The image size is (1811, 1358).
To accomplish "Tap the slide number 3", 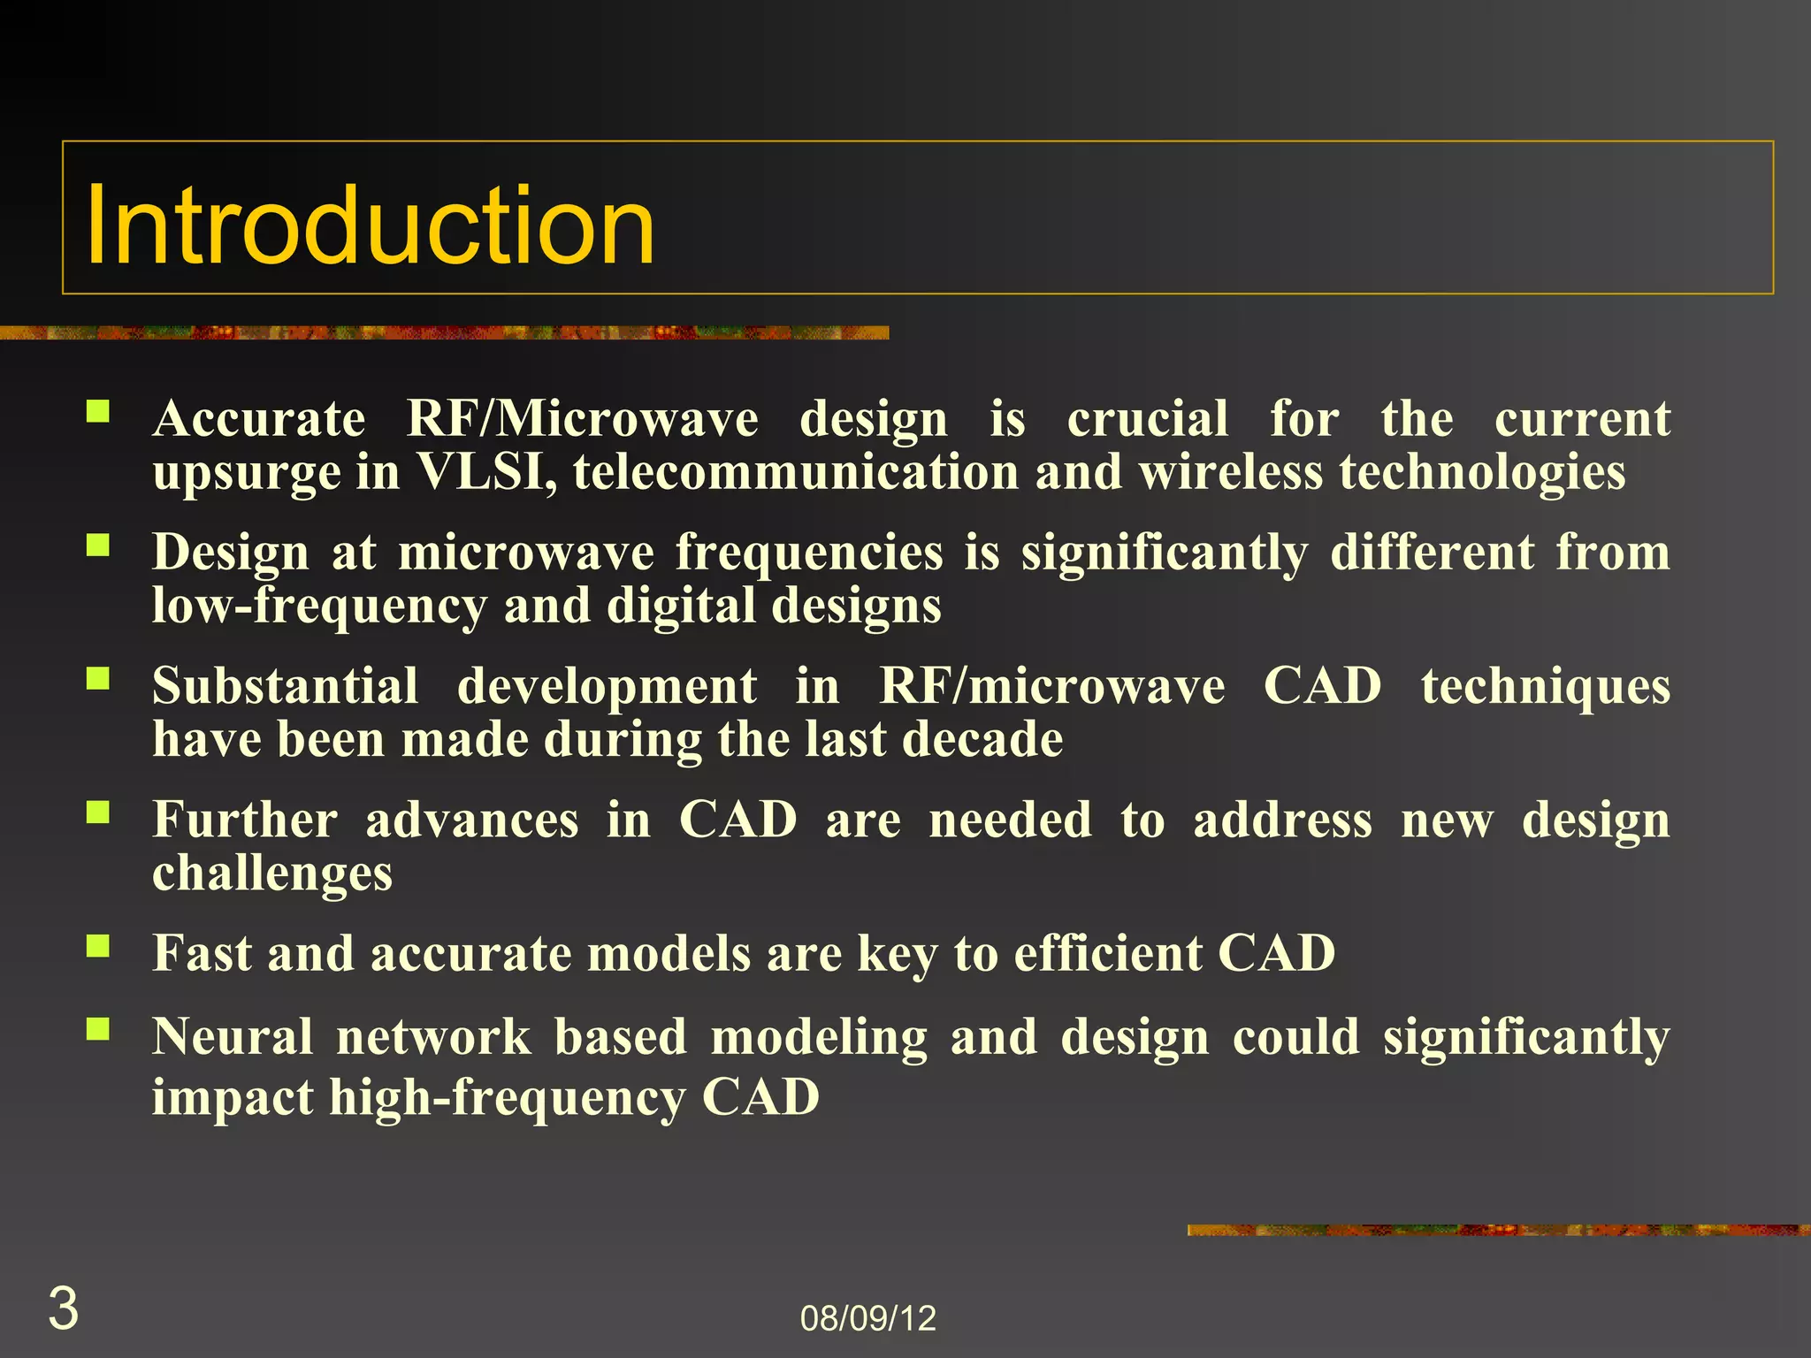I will [x=63, y=1308].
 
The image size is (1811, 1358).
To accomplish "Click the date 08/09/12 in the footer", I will [x=867, y=1318].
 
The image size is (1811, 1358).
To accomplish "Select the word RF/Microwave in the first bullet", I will [x=581, y=418].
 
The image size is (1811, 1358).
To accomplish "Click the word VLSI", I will [x=485, y=471].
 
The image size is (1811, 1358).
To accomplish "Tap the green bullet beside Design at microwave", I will [x=97, y=545].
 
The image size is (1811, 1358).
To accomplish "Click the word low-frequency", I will [x=318, y=607].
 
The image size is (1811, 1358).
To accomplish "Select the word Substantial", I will [x=285, y=686].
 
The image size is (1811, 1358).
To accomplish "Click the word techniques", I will [x=1545, y=686].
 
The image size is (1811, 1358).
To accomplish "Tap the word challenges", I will [x=271, y=874].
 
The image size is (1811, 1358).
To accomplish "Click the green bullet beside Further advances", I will [x=97, y=812].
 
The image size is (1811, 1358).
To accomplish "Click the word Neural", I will [x=232, y=1036].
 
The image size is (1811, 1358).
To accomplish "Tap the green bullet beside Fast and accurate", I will [x=97, y=946].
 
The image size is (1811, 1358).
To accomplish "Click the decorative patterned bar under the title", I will [x=442, y=332].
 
